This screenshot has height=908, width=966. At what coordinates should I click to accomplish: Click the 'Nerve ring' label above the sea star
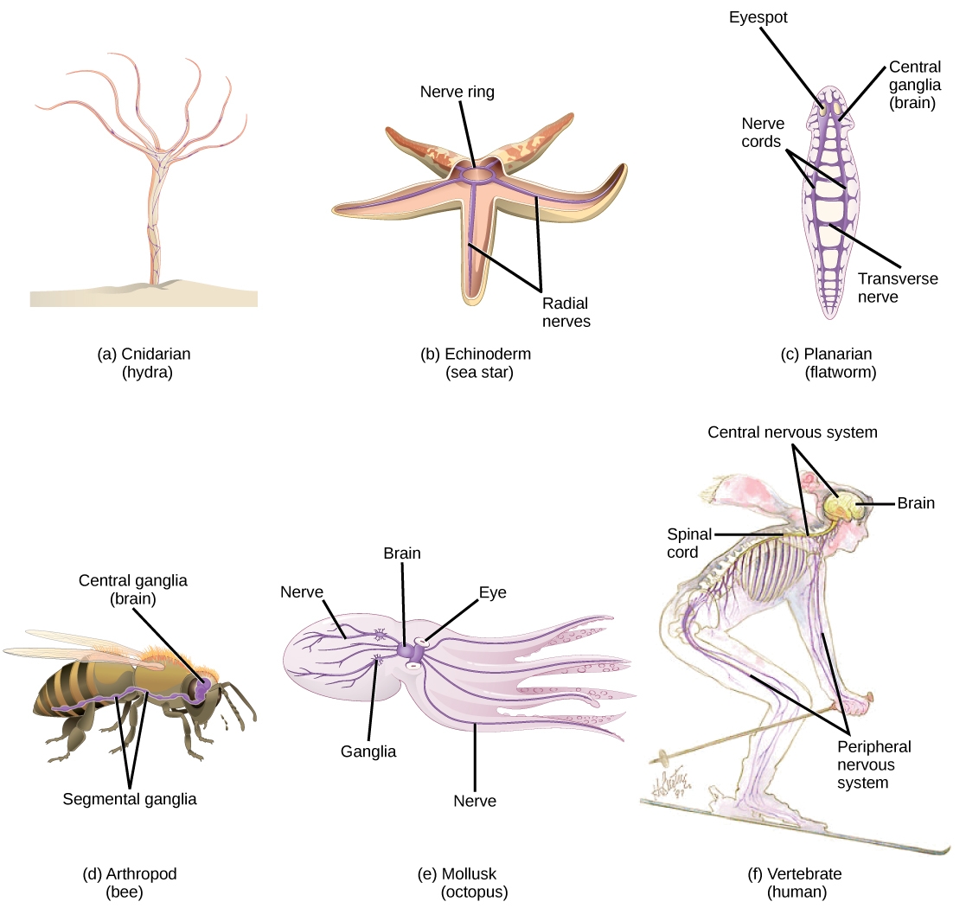pos(457,92)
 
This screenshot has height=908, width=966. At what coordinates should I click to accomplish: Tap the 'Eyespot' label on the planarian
pos(758,17)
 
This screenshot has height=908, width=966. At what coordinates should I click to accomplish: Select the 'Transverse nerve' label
pos(898,288)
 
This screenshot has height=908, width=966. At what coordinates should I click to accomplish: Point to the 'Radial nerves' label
pos(566,312)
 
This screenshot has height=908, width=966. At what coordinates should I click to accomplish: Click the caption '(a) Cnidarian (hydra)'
pos(144,363)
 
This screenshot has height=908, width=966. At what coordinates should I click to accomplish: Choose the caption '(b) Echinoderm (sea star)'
pos(477,363)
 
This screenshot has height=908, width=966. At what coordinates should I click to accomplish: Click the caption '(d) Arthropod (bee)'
pos(130,882)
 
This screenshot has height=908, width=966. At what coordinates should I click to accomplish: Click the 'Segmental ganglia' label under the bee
pos(130,799)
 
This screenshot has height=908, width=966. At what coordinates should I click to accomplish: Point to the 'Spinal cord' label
pos(689,543)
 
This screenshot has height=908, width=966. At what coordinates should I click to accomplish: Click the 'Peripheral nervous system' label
pos(873,764)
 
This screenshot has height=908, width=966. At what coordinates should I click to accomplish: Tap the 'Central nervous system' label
pos(792,432)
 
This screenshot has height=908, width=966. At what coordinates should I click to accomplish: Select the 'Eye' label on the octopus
pos(493,592)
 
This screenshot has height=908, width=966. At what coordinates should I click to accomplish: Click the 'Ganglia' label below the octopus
pos(368,751)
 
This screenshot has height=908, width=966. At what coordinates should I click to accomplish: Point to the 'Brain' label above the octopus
pos(402,553)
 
